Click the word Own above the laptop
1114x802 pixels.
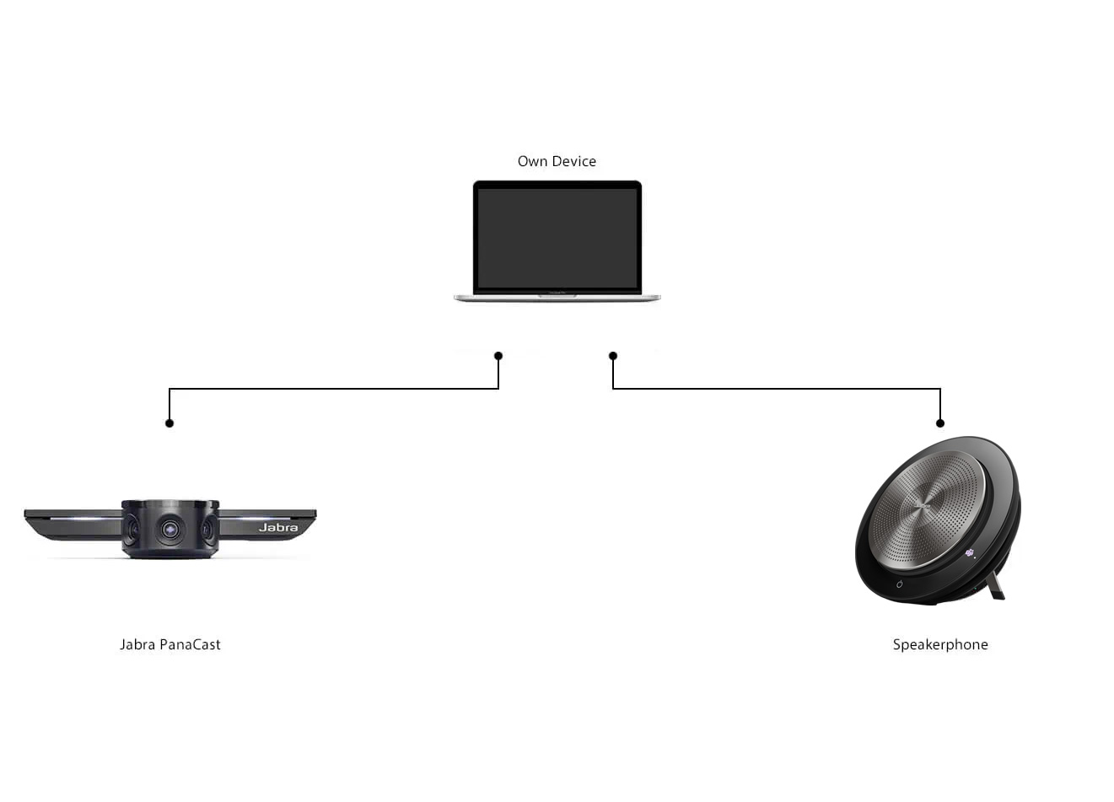532,162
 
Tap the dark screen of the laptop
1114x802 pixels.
557,238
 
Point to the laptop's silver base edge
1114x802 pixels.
557,298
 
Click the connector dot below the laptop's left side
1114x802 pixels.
498,356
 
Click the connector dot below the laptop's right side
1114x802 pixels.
613,356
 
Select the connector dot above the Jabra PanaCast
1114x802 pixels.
170,423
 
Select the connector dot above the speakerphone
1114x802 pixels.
940,423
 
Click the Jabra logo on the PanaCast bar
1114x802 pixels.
278,528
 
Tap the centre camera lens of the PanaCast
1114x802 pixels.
170,530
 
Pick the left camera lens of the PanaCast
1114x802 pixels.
132,530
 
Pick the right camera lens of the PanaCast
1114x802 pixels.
207,530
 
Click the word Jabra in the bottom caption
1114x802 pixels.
137,645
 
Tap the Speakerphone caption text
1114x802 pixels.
940,645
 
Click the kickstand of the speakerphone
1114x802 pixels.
996,585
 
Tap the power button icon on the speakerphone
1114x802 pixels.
900,584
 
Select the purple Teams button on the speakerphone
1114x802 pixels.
970,553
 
